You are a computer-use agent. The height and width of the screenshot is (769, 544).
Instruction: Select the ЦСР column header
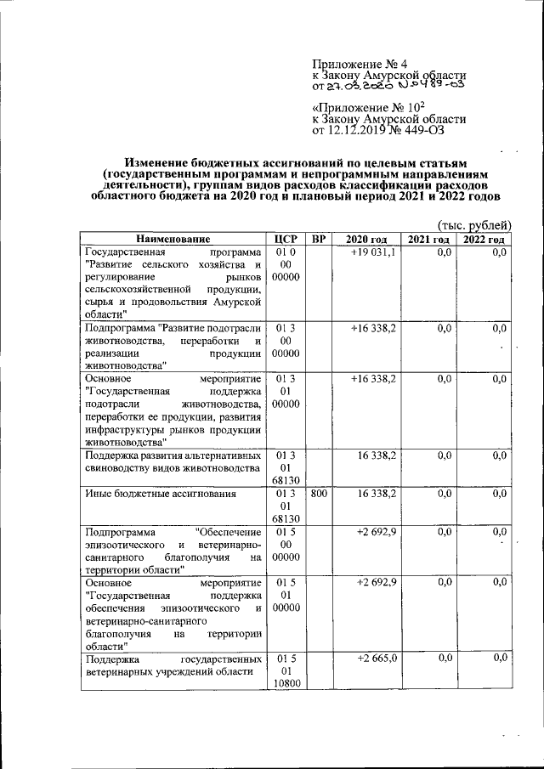(x=285, y=240)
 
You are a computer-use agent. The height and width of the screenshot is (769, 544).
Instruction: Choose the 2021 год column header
(x=429, y=240)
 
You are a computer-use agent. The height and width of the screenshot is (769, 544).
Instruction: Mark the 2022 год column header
(x=484, y=240)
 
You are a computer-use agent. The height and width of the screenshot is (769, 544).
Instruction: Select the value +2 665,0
(x=374, y=658)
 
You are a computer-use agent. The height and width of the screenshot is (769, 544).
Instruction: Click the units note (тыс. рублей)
(x=473, y=225)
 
